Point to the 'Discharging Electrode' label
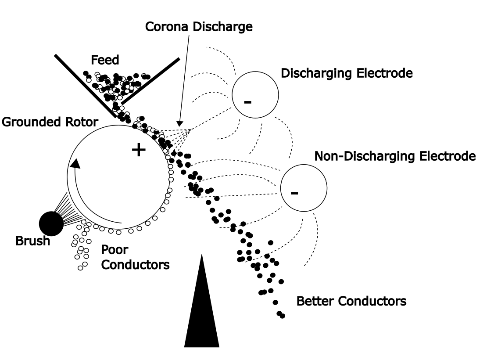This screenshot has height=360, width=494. coord(346,73)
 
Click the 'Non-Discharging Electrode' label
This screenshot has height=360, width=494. coord(395,156)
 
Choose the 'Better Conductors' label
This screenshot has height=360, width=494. coord(351,302)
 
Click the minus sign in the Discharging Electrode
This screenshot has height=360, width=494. coord(248,102)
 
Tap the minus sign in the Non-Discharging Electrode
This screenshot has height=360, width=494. coord(294,192)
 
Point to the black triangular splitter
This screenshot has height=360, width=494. coord(200,307)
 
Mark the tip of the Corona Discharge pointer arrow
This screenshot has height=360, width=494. coord(179,124)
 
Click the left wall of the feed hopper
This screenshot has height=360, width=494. coord(84,86)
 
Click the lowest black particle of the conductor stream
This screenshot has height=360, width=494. coord(282,316)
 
